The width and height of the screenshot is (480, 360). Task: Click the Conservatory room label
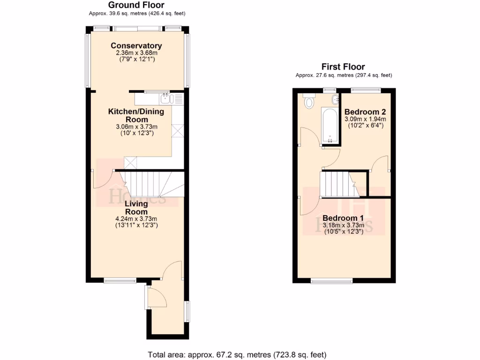pos(136,45)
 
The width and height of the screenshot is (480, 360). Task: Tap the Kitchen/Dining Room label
pos(136,115)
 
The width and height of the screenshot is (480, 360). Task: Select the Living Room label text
pos(136,208)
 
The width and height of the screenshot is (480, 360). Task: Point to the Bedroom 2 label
pos(365,112)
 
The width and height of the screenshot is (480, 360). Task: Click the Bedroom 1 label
pos(343,218)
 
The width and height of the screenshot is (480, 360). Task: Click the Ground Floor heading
pos(136,5)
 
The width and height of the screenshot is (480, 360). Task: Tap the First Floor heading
pos(343,67)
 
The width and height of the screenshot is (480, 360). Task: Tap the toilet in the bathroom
pos(309,102)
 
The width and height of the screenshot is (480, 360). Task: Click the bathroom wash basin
pos(335,99)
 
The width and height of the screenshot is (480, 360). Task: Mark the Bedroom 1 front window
pos(331,281)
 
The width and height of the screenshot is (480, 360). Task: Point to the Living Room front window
pos(120,281)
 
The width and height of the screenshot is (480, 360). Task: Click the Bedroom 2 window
pos(366,89)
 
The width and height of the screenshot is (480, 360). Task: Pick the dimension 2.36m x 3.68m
pos(136,53)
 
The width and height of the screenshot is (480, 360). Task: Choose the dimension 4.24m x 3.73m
pos(136,218)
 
